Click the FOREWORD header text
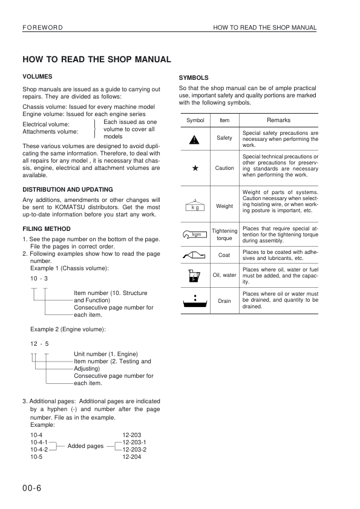[42, 28]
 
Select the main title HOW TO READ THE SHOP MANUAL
[97, 59]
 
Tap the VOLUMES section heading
[37, 77]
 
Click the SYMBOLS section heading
[194, 78]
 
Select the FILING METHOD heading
[47, 229]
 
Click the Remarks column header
[279, 120]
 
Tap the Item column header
[224, 120]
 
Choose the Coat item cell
[224, 255]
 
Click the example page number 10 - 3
[39, 278]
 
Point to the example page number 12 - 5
[39, 344]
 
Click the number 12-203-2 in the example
[134, 450]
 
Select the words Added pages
[85, 446]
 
